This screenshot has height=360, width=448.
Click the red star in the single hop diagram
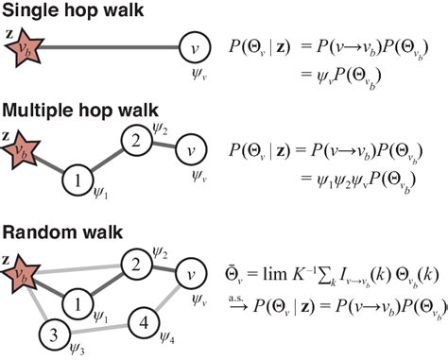[x=24, y=44]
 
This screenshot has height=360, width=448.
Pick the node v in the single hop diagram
[x=194, y=43]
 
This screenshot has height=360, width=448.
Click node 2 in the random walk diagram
[x=137, y=265]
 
